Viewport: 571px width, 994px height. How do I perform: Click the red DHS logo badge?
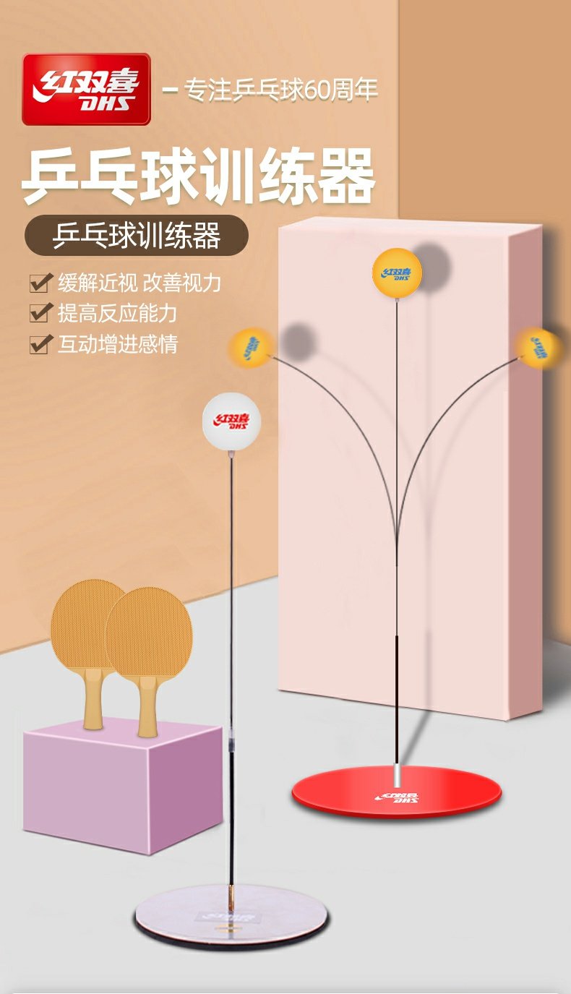pyautogui.click(x=86, y=89)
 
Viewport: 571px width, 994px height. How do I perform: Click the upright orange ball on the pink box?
pyautogui.click(x=396, y=271)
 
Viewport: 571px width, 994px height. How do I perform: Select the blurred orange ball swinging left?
pyautogui.click(x=249, y=348)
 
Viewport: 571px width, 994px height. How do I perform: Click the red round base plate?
pyautogui.click(x=396, y=793)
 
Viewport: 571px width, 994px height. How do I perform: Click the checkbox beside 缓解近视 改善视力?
pyautogui.click(x=39, y=283)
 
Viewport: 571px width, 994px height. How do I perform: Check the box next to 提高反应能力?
pyautogui.click(x=39, y=313)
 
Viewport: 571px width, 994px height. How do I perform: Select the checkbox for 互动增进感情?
pyautogui.click(x=39, y=343)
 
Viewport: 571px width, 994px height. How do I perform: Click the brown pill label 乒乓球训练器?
pyautogui.click(x=137, y=236)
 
